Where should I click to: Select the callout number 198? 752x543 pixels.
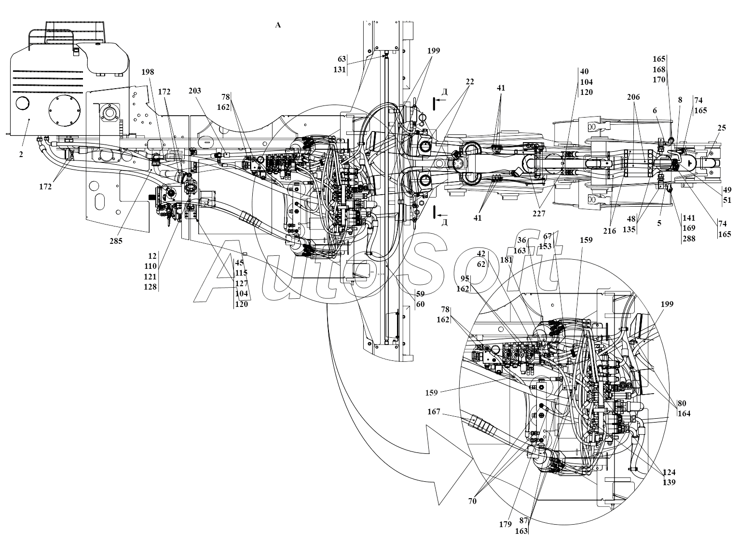click(148, 72)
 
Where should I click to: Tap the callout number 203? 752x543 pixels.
click(195, 91)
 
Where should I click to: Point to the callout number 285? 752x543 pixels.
click(116, 241)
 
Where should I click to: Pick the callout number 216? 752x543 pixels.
click(610, 231)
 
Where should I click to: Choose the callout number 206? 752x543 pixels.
click(633, 97)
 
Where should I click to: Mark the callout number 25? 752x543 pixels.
click(722, 128)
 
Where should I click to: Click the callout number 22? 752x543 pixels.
click(470, 82)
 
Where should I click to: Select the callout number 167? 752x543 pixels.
click(434, 412)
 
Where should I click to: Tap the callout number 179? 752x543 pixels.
click(505, 524)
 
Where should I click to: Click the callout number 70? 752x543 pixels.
click(472, 501)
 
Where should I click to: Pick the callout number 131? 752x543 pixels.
click(340, 69)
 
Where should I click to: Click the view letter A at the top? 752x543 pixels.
click(277, 25)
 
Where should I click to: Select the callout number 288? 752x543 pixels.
click(688, 238)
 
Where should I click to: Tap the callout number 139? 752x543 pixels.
click(669, 482)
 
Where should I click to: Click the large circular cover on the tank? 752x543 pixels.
click(65, 113)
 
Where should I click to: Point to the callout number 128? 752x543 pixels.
click(150, 286)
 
